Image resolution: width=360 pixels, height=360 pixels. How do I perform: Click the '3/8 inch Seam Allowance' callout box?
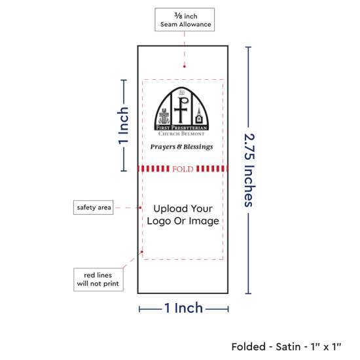185,20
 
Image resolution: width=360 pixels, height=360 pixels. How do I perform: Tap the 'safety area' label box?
93,207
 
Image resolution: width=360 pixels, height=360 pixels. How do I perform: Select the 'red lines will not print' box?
98,279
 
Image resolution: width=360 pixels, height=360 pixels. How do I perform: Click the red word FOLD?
183,169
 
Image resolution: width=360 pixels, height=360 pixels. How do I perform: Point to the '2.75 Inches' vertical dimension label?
249,170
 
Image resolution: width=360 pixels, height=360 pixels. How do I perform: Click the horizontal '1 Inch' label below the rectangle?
183,308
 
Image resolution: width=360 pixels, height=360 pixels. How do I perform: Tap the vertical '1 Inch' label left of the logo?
123,126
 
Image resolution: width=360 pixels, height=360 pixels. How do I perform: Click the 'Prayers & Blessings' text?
181,147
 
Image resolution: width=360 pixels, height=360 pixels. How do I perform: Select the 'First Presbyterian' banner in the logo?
181,128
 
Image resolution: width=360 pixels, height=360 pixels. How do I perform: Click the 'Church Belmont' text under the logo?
181,134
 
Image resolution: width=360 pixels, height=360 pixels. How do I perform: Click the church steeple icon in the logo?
199,114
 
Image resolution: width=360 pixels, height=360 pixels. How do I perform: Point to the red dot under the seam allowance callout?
185,67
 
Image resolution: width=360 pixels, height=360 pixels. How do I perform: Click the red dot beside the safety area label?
140,207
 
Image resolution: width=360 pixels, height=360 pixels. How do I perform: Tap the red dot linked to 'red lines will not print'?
142,252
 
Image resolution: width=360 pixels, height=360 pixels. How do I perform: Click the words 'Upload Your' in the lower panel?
183,208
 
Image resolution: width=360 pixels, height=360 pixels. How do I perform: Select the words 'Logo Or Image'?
183,221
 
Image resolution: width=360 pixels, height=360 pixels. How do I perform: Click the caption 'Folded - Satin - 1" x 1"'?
286,347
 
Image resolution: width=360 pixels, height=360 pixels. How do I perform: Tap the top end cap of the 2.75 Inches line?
248,47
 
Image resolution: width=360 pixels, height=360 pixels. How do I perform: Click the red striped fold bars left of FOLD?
154,169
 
